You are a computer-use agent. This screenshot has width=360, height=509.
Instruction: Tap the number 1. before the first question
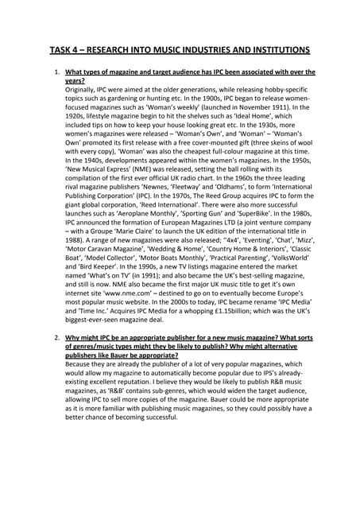pos(57,73)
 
